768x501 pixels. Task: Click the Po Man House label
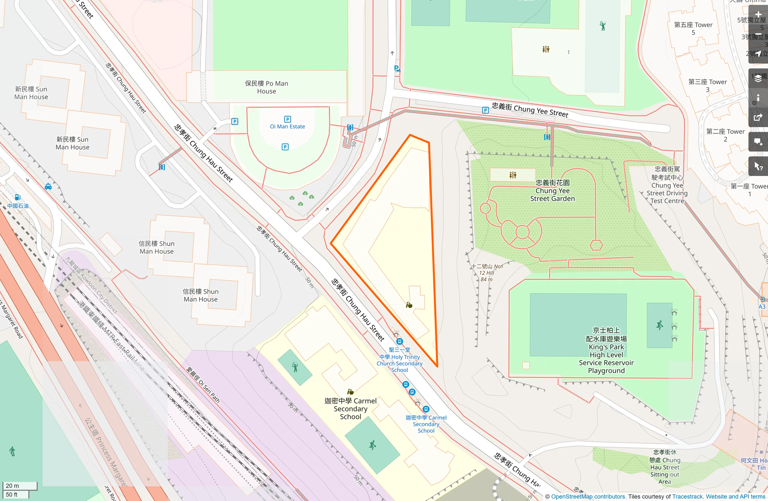pos(266,87)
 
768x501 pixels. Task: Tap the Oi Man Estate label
pos(287,127)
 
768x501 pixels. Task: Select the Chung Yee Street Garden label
pos(552,191)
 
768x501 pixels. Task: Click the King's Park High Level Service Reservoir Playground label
pos(606,351)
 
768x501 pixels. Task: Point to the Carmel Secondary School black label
pos(351,409)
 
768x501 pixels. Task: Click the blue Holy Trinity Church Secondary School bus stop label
pos(399,360)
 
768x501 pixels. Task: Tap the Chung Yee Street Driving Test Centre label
pos(667,185)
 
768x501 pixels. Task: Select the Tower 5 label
pos(693,29)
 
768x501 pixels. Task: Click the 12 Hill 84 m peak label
pos(487,273)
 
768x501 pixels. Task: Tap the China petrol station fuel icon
pos(18,197)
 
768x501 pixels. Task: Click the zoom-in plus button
pos(758,15)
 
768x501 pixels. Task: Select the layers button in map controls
pos(758,78)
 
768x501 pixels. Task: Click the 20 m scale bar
pos(20,486)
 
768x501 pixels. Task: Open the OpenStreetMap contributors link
pos(588,497)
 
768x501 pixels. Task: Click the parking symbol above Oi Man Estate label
pos(287,119)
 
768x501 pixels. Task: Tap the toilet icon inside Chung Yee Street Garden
pos(513,175)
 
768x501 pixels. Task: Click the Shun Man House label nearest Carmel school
pos(201,295)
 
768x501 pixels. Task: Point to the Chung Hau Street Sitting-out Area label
pos(665,467)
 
